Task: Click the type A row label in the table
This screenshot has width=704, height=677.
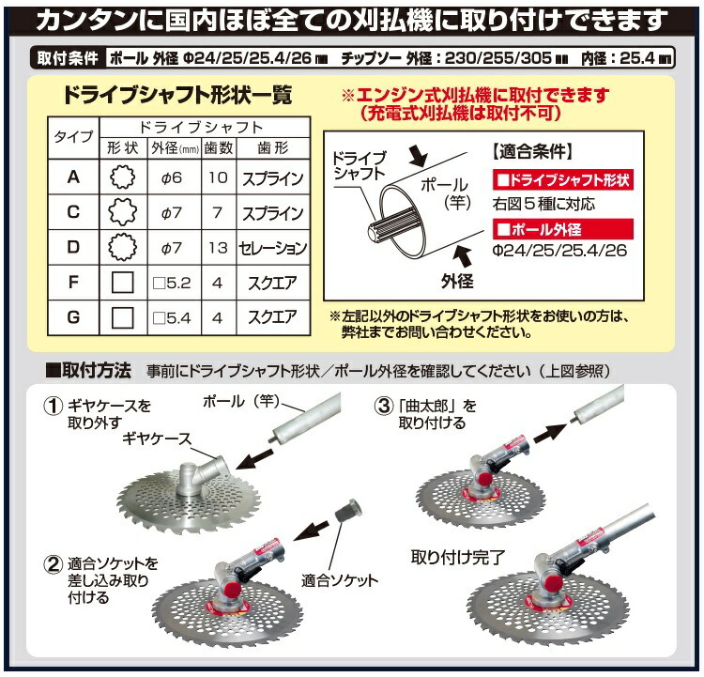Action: [73, 177]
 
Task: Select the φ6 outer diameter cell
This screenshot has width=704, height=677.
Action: [170, 177]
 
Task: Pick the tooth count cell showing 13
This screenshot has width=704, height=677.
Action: [217, 248]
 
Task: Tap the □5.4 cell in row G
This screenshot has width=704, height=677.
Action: [170, 318]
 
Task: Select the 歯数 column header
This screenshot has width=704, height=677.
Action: [217, 148]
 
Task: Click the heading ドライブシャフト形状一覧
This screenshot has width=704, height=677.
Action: [176, 96]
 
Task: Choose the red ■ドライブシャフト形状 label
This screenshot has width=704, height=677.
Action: [560, 179]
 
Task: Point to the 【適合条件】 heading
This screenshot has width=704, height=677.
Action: [531, 150]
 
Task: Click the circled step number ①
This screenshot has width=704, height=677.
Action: [54, 407]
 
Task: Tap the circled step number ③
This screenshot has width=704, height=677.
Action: [383, 406]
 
